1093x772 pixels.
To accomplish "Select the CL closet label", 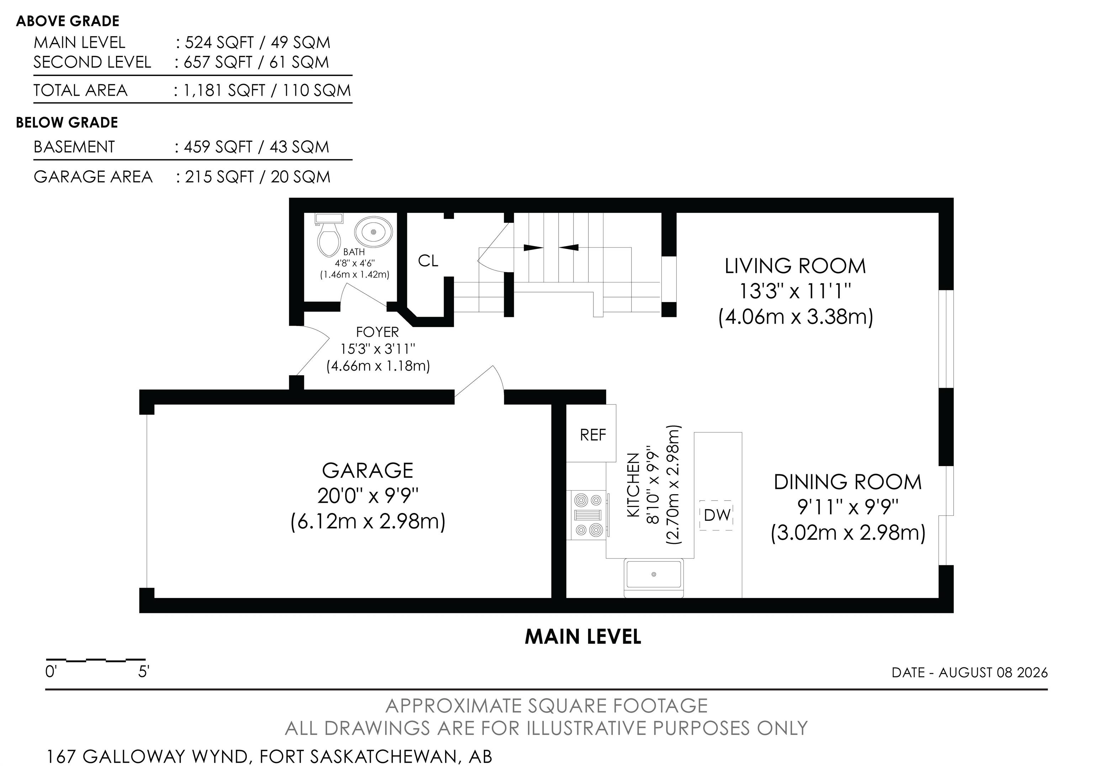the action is click(428, 261).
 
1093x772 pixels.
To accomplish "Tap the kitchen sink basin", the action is click(654, 575).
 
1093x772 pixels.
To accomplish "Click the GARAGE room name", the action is click(368, 471).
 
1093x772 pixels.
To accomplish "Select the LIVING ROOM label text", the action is click(795, 266).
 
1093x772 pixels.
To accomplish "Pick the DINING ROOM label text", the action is click(848, 482).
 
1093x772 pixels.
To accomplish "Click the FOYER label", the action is click(377, 332).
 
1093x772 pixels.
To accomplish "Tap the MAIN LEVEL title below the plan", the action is click(583, 637).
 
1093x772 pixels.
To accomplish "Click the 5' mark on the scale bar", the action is click(144, 672).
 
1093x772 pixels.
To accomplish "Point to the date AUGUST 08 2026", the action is click(993, 672).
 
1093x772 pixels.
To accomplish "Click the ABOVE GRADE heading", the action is click(68, 21).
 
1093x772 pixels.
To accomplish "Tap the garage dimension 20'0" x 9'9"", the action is click(368, 496).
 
